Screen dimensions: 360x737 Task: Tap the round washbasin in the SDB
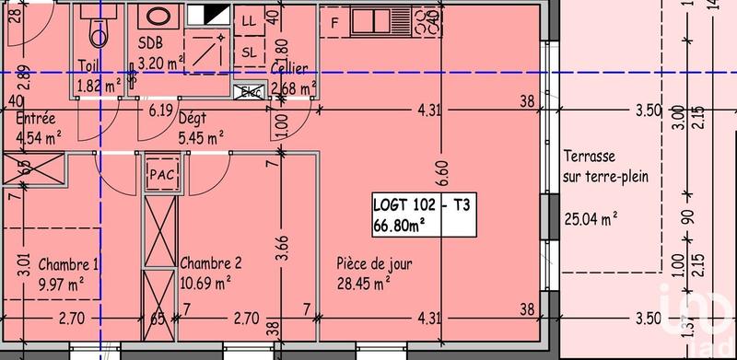pos(153,18)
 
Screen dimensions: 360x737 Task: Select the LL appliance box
pos(249,19)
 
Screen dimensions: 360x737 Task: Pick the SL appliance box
pos(249,52)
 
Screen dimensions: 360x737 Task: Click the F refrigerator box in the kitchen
pos(335,22)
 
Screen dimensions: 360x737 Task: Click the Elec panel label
pos(249,91)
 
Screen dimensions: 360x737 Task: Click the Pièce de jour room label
pos(374,264)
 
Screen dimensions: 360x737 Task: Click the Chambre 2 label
pos(211,262)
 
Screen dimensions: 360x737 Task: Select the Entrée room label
pos(36,119)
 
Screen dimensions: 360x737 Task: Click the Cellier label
pos(289,69)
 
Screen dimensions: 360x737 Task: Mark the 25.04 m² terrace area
pos(590,218)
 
